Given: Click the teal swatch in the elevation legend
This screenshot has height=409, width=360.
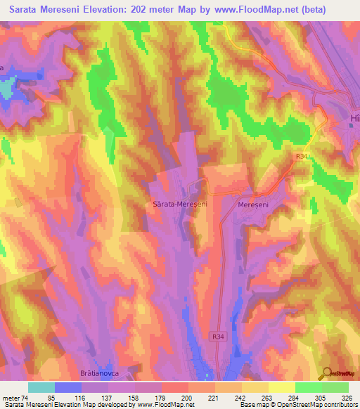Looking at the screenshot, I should (x=41, y=387).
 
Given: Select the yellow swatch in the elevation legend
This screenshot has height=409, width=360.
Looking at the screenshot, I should (x=281, y=387).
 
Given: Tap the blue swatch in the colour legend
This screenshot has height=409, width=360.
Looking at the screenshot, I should (x=68, y=387).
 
